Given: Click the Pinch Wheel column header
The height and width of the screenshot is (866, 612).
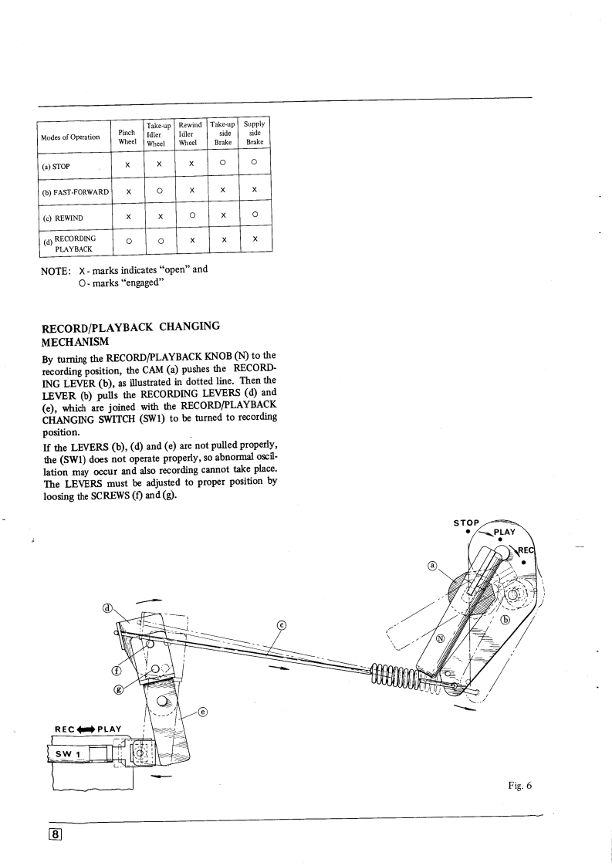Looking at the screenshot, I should [127, 137].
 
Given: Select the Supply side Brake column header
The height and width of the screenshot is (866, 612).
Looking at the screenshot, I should [253, 132].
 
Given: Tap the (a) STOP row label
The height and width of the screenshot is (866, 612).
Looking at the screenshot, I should [58, 164].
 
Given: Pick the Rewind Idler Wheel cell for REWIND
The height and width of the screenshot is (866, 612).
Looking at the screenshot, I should [189, 217].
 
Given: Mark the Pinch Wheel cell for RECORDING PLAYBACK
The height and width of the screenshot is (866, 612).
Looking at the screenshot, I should [127, 244].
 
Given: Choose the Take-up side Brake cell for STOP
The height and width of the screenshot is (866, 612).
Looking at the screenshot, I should [222, 164].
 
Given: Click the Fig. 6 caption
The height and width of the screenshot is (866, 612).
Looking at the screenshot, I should [521, 786].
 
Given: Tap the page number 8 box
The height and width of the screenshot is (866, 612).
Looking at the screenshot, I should [57, 834].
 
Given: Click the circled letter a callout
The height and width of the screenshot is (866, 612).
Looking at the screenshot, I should [433, 566].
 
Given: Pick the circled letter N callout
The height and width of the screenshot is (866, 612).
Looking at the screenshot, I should [440, 638].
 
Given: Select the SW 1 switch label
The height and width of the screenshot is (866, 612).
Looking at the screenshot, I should [66, 753].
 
